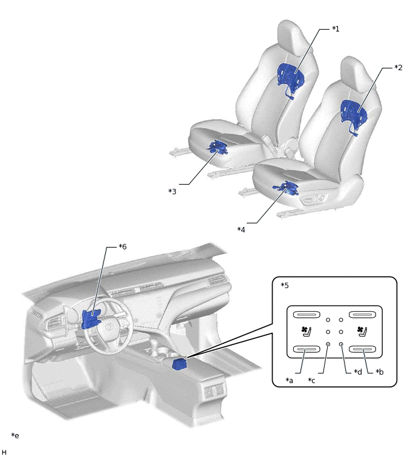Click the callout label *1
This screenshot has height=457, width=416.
point(336,29)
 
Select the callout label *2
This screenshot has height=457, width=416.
point(398,68)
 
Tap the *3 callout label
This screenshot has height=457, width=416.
point(172,191)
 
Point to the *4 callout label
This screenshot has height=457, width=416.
point(241,229)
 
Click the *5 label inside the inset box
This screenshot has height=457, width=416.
point(285,285)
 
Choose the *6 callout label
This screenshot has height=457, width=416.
point(123,246)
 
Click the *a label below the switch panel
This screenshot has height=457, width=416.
point(290,380)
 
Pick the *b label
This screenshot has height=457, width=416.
point(379,372)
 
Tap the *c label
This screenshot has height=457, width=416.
point(311,380)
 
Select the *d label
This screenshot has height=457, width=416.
point(358,372)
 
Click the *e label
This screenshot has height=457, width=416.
point(15,435)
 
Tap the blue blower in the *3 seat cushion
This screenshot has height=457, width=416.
point(218,147)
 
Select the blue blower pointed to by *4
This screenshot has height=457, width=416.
point(286,188)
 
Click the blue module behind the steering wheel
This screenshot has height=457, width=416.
point(90,319)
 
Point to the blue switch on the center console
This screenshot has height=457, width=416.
point(180,364)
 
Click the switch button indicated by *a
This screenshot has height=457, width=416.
point(306,349)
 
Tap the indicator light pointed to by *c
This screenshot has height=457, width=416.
point(328,344)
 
